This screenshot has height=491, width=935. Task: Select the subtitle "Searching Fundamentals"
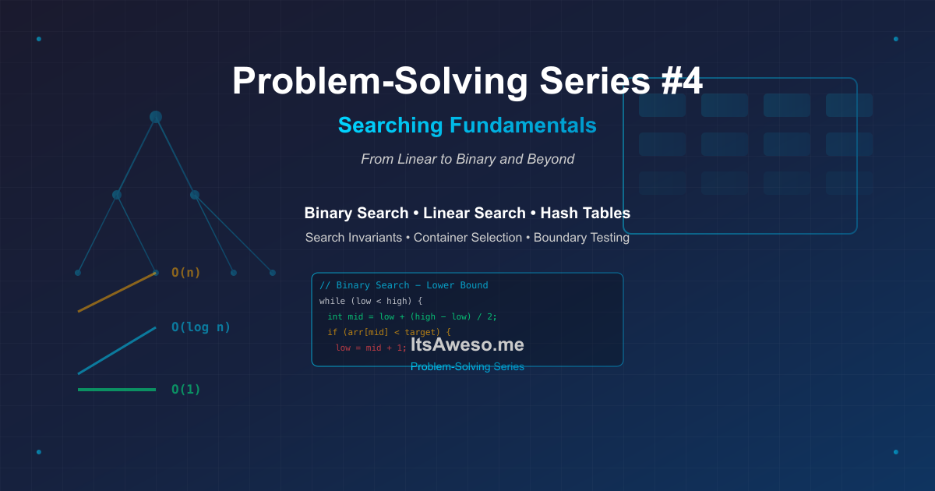pos(467,125)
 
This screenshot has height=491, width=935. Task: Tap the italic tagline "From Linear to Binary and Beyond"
pos(467,159)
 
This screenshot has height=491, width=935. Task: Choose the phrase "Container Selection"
pos(467,238)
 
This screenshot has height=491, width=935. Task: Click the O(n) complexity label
pos(186,273)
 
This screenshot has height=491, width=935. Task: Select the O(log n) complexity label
pos(201,327)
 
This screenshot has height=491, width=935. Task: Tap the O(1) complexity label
pos(186,390)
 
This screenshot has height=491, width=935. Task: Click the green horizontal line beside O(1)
pos(117,390)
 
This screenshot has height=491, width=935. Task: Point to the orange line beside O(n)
pos(117,292)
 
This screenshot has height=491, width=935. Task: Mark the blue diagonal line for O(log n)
pos(117,351)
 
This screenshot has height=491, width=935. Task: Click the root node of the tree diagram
pos(156,117)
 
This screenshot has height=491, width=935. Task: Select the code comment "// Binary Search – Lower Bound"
pos(404,285)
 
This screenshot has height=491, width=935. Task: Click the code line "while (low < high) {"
pos(370,301)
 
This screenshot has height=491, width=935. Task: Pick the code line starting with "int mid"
pos(411,316)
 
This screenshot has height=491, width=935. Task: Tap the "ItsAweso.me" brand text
pos(467,344)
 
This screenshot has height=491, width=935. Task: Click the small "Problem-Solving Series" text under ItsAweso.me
pos(467,366)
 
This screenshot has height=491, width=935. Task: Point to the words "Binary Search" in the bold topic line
pos(356,213)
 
